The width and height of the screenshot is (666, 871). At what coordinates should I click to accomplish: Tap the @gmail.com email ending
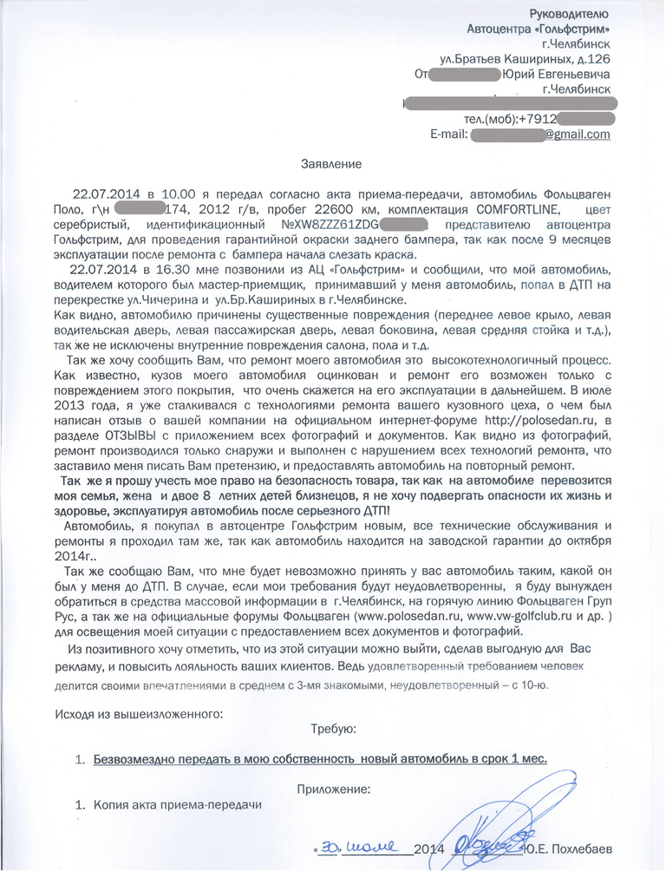pyautogui.click(x=577, y=134)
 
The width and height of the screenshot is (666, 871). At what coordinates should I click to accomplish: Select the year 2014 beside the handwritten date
pyautogui.click(x=429, y=848)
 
